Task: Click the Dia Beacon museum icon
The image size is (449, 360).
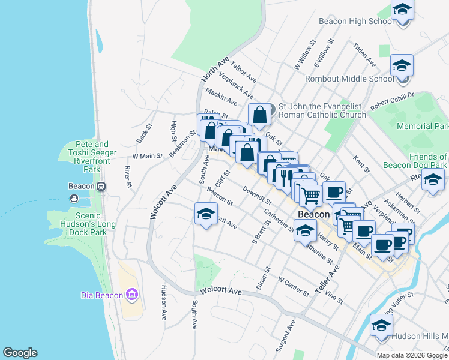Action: coord(133,294)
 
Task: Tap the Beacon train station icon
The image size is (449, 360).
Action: coord(101,186)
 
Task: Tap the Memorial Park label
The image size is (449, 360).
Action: coord(423,127)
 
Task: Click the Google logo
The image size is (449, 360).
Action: coord(20,353)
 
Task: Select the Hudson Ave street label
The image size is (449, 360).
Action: coord(163,302)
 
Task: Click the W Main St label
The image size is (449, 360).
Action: coord(148,156)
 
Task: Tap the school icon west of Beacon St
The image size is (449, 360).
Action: coord(205,214)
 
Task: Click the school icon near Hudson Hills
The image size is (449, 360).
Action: coord(381,326)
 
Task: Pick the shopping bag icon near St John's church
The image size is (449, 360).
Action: coord(259,115)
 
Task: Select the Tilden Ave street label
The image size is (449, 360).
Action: coord(364,55)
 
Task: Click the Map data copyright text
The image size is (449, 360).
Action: coord(412,355)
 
